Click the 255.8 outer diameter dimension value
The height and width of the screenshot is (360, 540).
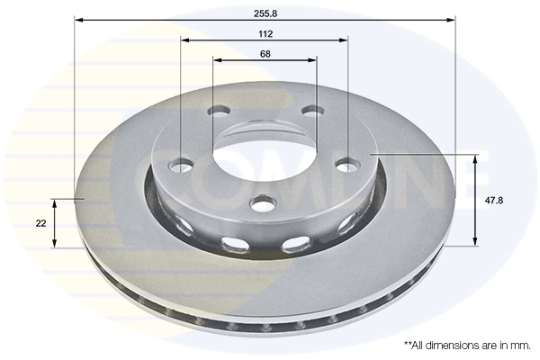point(265,9)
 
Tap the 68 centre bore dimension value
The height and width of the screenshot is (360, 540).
point(265,53)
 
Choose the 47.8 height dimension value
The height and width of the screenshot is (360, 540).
point(493,200)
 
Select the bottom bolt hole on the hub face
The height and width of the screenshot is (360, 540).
point(264,204)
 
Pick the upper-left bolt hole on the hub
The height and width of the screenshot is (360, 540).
point(218,112)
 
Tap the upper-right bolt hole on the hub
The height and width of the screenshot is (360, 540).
point(312,111)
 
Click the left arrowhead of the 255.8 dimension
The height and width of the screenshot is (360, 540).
point(78,19)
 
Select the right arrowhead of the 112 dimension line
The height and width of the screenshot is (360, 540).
point(343,40)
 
